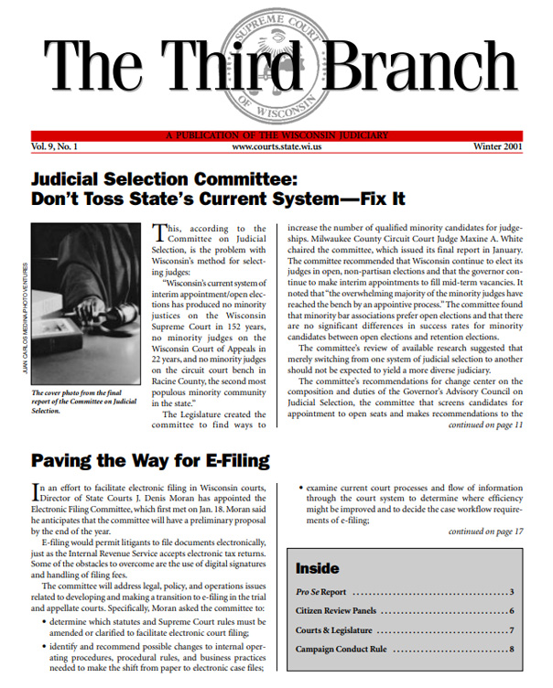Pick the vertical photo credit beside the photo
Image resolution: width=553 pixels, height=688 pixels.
tap(24, 325)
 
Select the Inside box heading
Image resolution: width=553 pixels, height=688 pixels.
tap(317, 568)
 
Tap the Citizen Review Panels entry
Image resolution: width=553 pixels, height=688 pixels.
tap(347, 611)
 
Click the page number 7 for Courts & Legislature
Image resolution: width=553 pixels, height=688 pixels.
tap(512, 630)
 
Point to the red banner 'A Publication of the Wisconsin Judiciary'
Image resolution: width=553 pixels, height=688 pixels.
tap(276, 135)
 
